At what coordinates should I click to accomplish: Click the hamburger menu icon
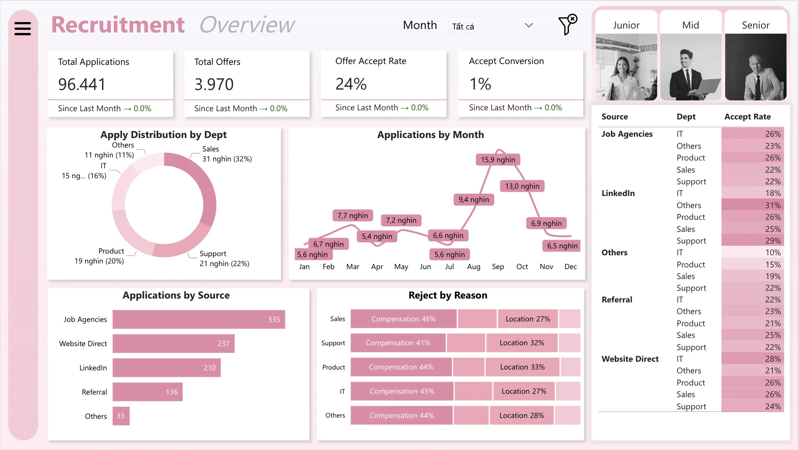(x=22, y=29)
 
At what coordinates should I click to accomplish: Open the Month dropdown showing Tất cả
(x=492, y=26)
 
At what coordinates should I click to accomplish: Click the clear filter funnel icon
(x=567, y=25)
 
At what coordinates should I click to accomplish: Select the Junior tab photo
(x=626, y=67)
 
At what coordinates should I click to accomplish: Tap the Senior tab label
(x=755, y=25)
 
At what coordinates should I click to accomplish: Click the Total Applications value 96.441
(x=82, y=84)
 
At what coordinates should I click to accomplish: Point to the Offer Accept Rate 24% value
(x=351, y=84)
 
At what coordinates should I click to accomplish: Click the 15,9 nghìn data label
(x=498, y=160)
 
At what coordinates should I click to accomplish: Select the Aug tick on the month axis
(x=473, y=267)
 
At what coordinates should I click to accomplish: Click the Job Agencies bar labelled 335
(x=198, y=319)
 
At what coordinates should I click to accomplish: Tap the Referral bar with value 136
(x=147, y=392)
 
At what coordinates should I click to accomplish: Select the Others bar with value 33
(x=121, y=416)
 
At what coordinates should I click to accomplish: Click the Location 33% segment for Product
(x=522, y=367)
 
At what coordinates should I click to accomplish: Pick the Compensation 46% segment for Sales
(x=403, y=319)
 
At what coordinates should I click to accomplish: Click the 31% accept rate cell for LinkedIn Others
(x=752, y=205)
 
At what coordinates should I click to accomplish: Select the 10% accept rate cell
(x=752, y=252)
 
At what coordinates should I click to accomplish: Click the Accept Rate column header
(x=747, y=117)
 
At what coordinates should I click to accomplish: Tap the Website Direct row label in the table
(x=630, y=359)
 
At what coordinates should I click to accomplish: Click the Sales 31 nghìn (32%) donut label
(x=227, y=154)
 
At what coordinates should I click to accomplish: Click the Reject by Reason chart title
(x=447, y=295)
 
